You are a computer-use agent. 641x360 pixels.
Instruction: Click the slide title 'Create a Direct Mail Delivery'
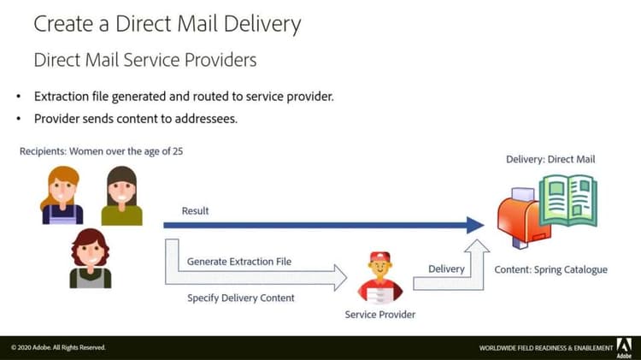pos(167,23)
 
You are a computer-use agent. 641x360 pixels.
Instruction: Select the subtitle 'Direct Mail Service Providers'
pos(144,61)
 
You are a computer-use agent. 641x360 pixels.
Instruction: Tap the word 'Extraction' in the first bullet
pos(65,96)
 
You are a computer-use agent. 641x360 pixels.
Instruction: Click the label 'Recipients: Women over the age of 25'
pos(101,151)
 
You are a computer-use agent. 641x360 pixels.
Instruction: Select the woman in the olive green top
pos(121,196)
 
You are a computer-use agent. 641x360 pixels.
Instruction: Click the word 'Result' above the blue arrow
pos(195,210)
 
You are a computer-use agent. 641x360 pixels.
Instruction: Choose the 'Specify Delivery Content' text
pos(240,298)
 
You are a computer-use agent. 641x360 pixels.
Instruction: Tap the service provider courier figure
pos(379,278)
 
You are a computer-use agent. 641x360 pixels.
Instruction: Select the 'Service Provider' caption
pos(379,315)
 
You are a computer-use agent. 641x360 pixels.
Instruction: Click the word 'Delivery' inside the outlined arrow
pos(446,269)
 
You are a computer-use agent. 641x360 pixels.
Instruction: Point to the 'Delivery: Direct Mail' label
pos(550,159)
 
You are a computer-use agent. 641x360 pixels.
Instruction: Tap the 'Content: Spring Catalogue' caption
pos(550,269)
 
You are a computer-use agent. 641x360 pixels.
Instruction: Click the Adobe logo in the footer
pos(624,345)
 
